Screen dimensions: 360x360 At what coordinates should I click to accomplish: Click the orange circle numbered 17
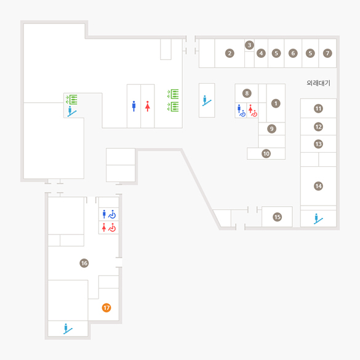pos(106,308)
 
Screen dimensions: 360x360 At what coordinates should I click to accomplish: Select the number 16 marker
pos(84,263)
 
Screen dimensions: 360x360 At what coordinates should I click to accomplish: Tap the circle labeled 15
pos(278,217)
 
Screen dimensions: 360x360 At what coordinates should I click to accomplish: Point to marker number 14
pos(318,186)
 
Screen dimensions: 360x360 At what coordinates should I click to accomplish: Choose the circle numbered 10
pos(266,154)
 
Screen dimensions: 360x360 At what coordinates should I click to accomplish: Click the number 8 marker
pos(247,93)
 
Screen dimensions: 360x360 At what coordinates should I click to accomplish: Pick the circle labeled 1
pos(276,103)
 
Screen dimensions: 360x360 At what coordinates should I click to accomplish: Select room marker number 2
pos(230,54)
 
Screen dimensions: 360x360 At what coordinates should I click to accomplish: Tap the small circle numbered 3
pos(249,45)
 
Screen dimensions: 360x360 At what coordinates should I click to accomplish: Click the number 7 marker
pos(327,54)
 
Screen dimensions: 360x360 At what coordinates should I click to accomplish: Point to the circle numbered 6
pos(293,54)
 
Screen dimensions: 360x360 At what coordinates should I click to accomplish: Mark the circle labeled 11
pos(318,108)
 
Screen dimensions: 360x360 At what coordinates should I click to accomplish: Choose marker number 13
pos(318,144)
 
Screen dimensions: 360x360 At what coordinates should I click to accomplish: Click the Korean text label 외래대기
pos(318,83)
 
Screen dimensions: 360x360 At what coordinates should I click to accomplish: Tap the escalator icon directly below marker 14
pos(318,218)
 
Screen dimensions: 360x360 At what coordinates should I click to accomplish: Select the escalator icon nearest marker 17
pos(68,329)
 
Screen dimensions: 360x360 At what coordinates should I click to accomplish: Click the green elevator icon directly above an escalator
pos(71,100)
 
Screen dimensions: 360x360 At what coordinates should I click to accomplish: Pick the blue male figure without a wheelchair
pos(134,106)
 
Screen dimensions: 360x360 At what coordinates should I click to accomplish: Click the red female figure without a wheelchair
pos(148,106)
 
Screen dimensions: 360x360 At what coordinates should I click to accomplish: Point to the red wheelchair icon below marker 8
pos(253,111)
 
